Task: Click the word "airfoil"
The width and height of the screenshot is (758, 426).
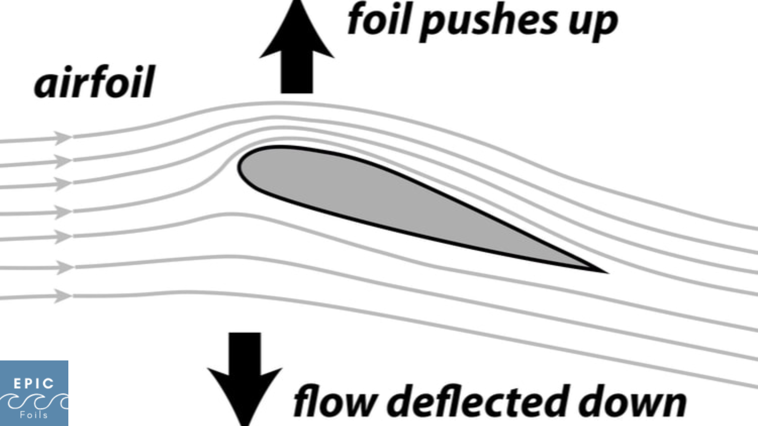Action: click(95, 82)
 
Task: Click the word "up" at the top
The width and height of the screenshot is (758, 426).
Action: click(593, 22)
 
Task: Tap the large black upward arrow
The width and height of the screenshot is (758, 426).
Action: click(297, 51)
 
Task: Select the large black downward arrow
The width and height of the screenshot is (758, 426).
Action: click(245, 375)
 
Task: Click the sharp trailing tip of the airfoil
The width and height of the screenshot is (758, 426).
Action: click(604, 271)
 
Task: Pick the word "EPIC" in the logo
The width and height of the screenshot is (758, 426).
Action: click(34, 384)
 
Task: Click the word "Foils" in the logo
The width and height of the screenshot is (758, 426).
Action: click(34, 415)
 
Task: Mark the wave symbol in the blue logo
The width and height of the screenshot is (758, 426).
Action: click(34, 401)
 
